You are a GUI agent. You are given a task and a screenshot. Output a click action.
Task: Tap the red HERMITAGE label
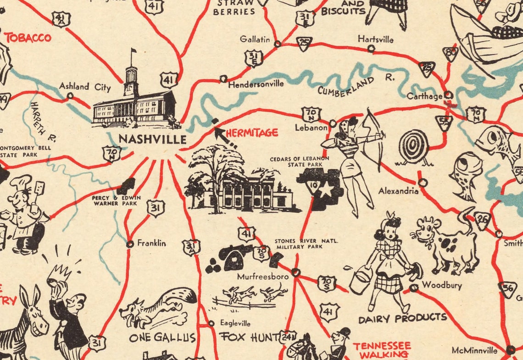252,133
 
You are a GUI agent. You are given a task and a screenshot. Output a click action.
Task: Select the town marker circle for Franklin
130,244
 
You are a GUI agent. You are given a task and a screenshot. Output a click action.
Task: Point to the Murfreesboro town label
262,277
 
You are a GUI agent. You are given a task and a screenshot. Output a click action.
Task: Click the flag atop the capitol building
134,51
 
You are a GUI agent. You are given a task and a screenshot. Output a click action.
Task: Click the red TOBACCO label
28,38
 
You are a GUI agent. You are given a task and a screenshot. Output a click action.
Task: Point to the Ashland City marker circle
70,96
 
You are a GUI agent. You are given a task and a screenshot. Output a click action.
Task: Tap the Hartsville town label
375,39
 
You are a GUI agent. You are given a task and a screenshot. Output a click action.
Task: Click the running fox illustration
156,307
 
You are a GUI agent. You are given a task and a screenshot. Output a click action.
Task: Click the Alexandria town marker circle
423,183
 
